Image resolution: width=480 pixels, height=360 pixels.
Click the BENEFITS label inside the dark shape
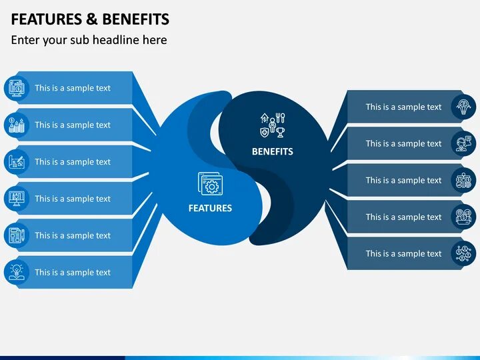pos(272,151)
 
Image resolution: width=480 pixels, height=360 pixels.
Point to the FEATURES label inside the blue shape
pos(210,208)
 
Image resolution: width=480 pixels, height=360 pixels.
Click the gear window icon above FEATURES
pos(210,184)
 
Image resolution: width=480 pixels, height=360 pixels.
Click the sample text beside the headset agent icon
pos(403,143)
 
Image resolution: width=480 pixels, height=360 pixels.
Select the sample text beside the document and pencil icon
pos(73,235)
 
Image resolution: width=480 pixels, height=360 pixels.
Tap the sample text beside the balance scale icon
pos(403,180)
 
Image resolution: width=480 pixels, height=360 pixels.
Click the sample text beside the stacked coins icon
pos(73,125)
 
